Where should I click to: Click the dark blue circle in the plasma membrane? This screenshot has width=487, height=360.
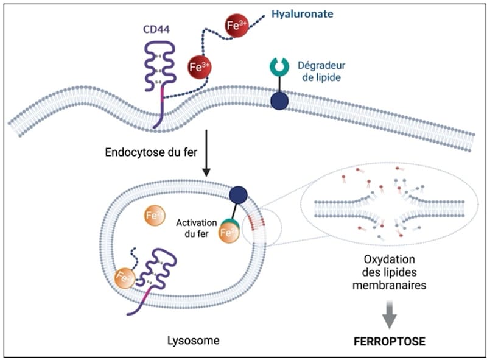tap(279, 101)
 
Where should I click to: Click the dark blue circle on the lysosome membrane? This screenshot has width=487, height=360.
tap(238, 195)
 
